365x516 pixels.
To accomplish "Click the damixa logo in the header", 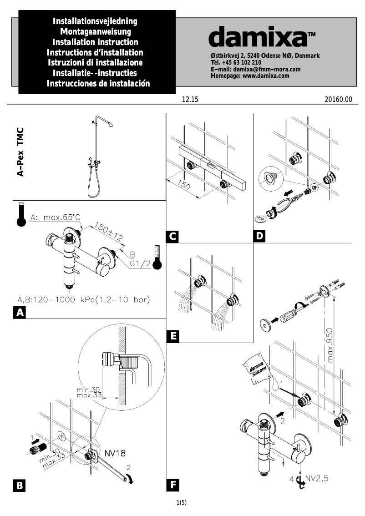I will click(x=262, y=36).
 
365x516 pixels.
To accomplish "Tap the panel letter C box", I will click(x=172, y=237).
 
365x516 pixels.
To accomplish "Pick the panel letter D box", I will click(x=259, y=237).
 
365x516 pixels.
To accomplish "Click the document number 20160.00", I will click(x=339, y=100).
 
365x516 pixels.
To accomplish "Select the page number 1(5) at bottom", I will click(x=182, y=502).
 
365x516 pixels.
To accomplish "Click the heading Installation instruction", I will click(x=96, y=42).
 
